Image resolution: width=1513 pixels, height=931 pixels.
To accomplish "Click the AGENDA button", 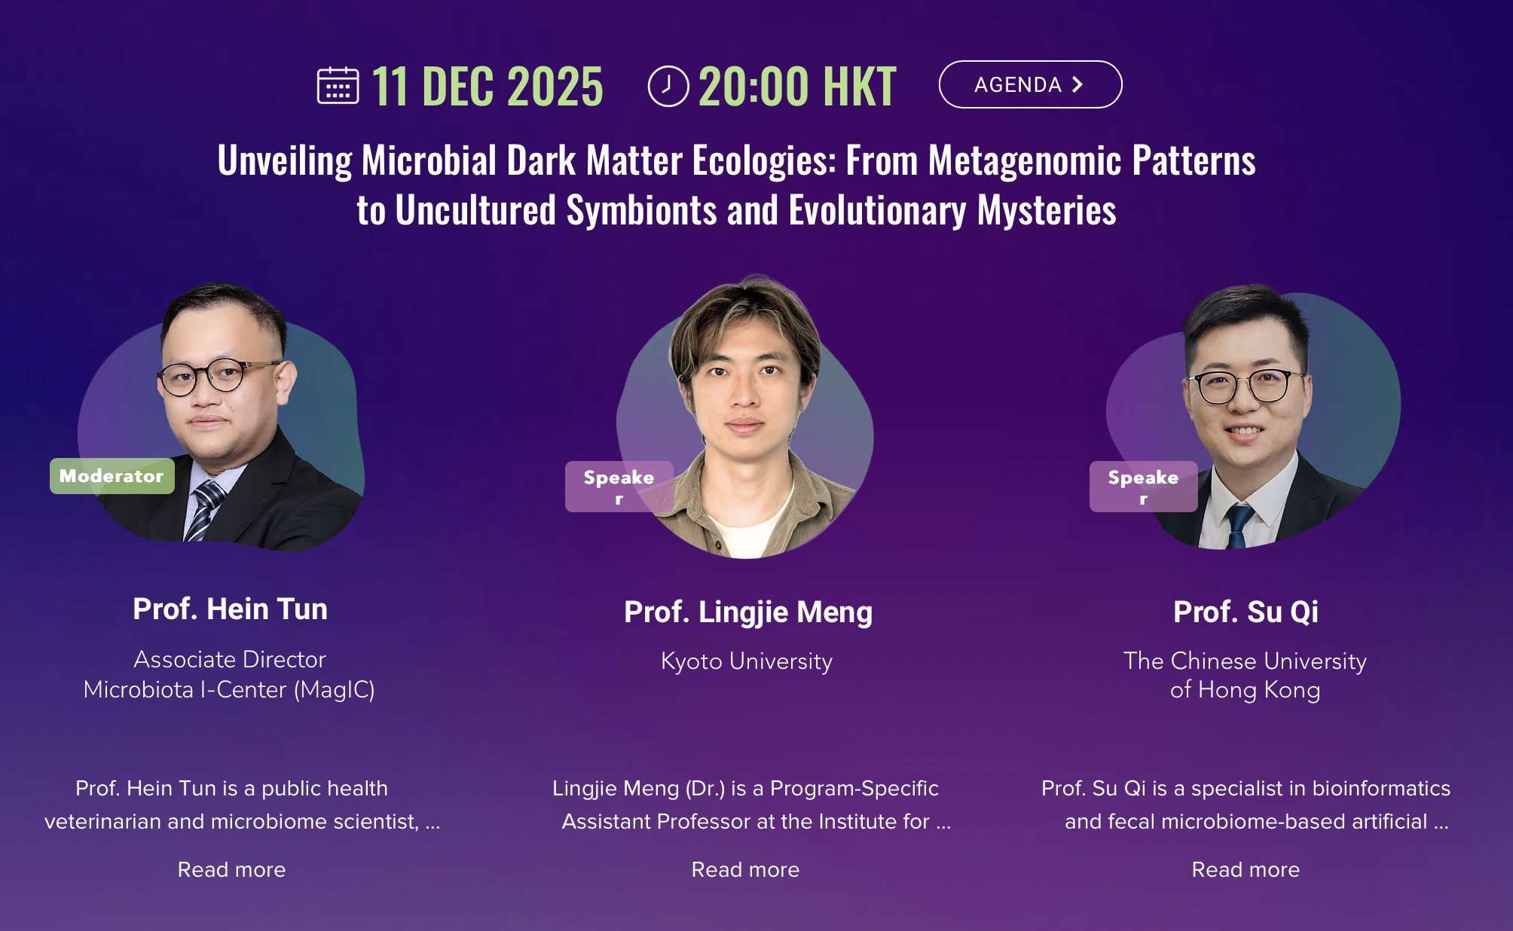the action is (1030, 84).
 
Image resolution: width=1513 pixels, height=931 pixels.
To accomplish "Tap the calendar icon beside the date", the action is (338, 85).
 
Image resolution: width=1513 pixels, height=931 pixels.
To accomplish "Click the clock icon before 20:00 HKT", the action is (668, 86).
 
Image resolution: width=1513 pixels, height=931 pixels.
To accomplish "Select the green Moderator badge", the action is (112, 476).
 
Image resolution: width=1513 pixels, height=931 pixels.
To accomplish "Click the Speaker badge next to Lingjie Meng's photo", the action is (619, 487).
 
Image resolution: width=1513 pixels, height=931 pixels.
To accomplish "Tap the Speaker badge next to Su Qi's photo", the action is (1143, 487).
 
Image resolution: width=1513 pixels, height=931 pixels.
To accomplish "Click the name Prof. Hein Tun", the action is (230, 609).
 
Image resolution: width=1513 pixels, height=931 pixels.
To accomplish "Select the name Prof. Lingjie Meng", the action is (748, 612).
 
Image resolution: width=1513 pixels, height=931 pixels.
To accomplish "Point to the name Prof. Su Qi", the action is (1246, 612).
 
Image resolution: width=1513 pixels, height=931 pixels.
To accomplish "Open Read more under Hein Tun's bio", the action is (231, 869).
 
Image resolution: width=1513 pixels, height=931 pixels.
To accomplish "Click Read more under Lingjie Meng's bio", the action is (745, 869).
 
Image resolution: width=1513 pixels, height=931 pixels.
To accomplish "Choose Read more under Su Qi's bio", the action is (1246, 869).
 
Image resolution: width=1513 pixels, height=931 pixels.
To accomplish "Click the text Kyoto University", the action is (747, 661).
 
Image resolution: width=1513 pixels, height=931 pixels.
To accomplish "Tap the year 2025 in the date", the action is (555, 86).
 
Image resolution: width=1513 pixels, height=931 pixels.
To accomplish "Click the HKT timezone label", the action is (860, 86).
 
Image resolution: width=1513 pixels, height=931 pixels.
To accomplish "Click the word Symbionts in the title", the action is (641, 210).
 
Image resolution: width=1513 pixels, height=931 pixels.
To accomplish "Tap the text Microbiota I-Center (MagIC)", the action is (229, 690).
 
